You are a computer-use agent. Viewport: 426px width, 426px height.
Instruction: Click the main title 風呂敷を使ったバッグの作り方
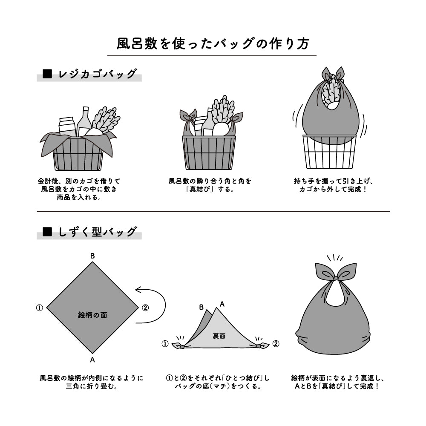click(212, 44)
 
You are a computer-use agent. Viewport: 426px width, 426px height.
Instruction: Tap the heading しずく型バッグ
click(98, 232)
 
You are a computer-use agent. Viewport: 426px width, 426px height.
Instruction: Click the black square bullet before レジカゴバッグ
click(47, 74)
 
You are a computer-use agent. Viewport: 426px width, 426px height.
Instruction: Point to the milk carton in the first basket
click(67, 127)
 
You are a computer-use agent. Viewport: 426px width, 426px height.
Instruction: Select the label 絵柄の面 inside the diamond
click(92, 315)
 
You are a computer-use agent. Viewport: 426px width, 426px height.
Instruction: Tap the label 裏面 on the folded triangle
click(219, 336)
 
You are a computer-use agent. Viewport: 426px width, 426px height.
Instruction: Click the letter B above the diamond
click(92, 256)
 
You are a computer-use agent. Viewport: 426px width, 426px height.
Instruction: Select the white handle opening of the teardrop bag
click(336, 295)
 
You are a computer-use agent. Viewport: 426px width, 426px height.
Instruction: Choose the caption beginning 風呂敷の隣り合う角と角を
click(210, 184)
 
